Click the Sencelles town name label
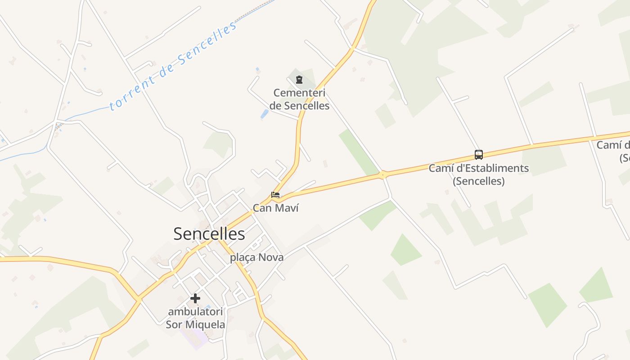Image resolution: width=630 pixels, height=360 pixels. point(209,234)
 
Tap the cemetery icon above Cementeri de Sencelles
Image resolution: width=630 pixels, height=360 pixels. point(299,80)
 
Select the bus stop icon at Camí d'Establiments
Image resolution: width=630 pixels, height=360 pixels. point(478,155)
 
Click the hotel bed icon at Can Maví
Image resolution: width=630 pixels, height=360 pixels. point(275,195)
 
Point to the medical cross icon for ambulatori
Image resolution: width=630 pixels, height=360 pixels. point(195,298)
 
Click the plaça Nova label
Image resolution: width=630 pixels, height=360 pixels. point(256,257)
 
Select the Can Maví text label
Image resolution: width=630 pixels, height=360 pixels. point(275,208)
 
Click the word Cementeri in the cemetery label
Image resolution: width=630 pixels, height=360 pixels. point(299,93)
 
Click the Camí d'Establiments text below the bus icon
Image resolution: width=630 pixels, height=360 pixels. point(478,169)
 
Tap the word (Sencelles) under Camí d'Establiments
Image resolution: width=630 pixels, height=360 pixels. point(478,181)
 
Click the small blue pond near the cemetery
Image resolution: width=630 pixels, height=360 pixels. point(265,114)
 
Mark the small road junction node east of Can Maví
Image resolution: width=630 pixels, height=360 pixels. point(382,174)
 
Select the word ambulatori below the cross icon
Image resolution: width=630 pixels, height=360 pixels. point(195,311)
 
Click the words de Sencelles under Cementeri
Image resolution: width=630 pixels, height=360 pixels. point(299,106)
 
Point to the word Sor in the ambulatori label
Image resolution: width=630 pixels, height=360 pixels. point(174,324)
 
